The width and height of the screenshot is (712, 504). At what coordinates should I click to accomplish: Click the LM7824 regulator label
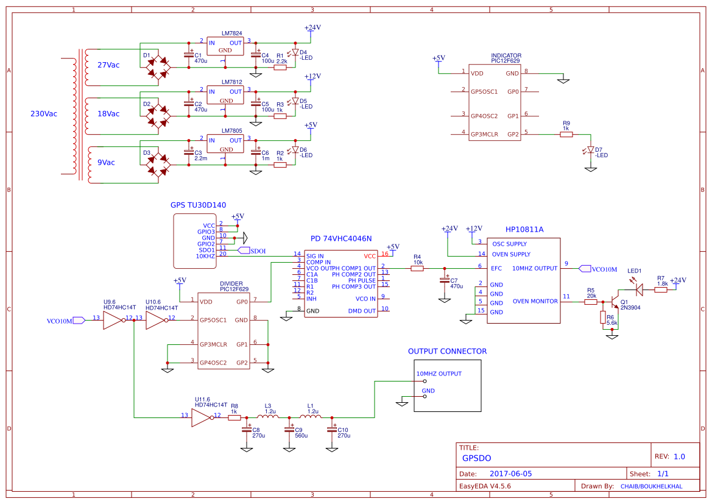(x=231, y=33)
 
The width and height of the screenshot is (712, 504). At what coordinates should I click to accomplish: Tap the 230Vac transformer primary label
(x=44, y=114)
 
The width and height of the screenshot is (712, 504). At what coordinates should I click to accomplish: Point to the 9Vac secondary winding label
(x=106, y=163)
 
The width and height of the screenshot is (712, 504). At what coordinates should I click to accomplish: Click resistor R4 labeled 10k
(x=417, y=268)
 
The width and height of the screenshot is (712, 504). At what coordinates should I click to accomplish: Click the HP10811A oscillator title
(x=524, y=230)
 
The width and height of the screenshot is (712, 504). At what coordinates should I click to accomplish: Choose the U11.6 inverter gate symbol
(x=200, y=417)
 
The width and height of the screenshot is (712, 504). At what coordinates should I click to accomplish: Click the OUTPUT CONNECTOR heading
(x=447, y=352)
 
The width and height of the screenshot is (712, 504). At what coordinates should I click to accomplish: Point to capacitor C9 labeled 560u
(x=289, y=430)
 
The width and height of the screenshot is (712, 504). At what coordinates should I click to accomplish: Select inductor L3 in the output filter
(x=268, y=417)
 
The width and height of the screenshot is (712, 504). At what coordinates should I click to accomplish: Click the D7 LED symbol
(x=590, y=149)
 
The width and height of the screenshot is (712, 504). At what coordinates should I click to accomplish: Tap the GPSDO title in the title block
(x=476, y=458)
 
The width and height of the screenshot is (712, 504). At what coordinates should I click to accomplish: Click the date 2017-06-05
(x=510, y=474)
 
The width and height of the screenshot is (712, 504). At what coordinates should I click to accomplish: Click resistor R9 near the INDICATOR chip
(x=566, y=134)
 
